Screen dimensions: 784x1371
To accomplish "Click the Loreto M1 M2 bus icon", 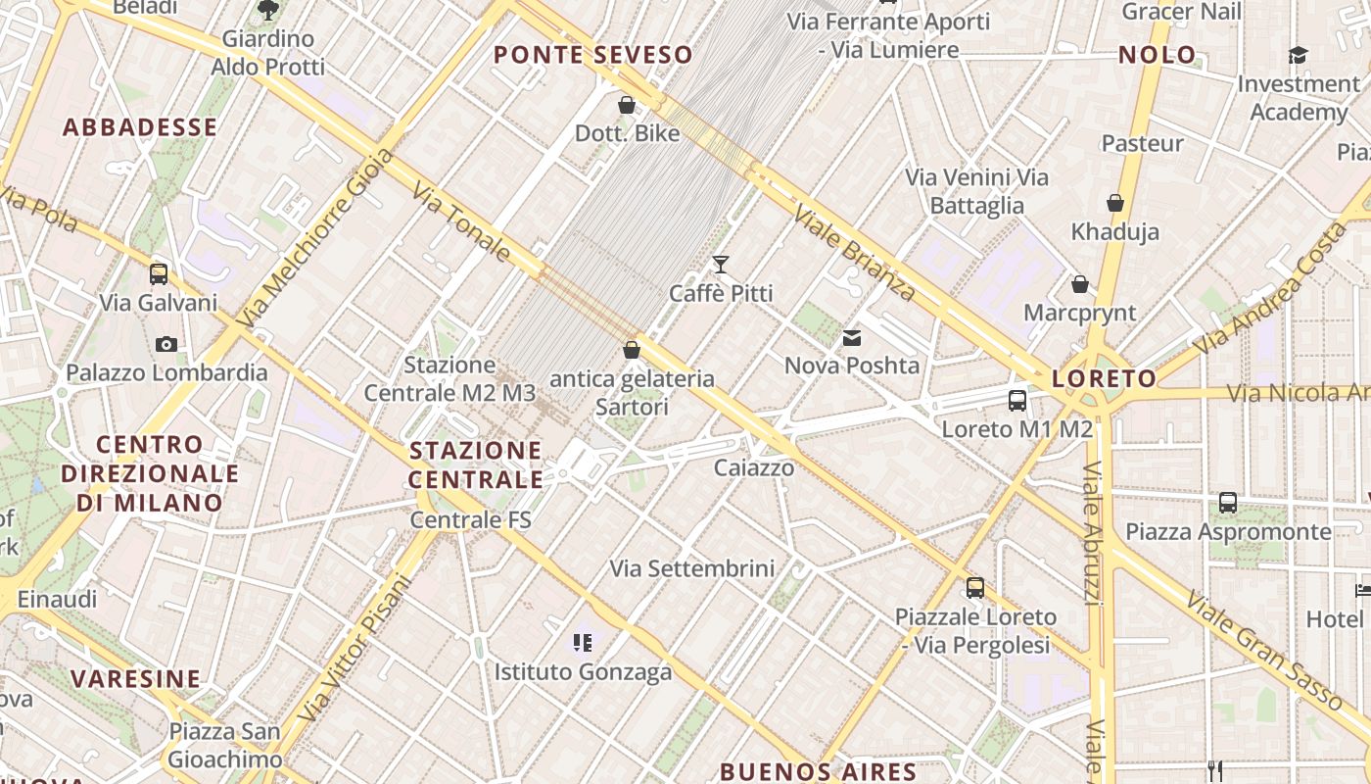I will (1017, 400).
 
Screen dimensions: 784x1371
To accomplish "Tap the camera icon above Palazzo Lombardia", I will (166, 344).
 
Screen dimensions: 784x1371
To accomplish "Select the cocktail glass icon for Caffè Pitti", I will (721, 264).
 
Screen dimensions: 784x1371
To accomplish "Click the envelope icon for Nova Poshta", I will (852, 338).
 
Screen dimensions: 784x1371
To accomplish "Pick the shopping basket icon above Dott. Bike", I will (627, 105).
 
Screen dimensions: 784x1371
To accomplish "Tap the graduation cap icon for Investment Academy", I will (1298, 56).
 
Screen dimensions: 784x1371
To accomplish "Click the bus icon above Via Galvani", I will (159, 274).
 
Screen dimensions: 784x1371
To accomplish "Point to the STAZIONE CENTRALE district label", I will (476, 465).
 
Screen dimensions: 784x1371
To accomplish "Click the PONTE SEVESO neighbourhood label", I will (593, 55).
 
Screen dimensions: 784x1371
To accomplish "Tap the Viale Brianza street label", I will (854, 252).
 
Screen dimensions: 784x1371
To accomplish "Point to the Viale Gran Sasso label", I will (1263, 651).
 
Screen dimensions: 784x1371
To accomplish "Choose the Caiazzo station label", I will (754, 467).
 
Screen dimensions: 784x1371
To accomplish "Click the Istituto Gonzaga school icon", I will (583, 643).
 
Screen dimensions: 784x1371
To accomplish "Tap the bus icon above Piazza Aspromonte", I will (1228, 503).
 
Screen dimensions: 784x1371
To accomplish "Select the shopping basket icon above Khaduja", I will (1114, 204).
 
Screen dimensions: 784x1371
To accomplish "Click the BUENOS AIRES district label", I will (818, 771).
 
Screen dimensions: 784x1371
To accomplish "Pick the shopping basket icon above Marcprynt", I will (1079, 285).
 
